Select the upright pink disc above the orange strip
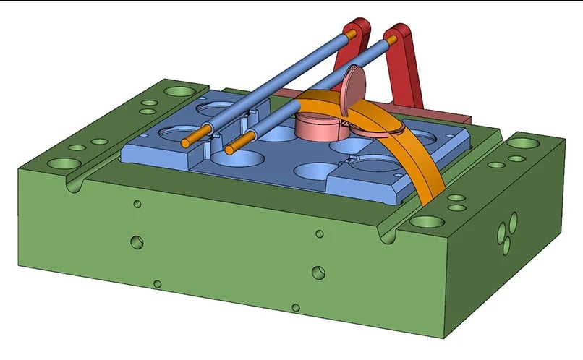pyautogui.click(x=354, y=85)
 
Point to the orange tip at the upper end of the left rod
pyautogui.click(x=351, y=33)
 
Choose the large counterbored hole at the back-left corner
pyautogui.click(x=178, y=93)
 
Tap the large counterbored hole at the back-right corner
pyautogui.click(x=519, y=142)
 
